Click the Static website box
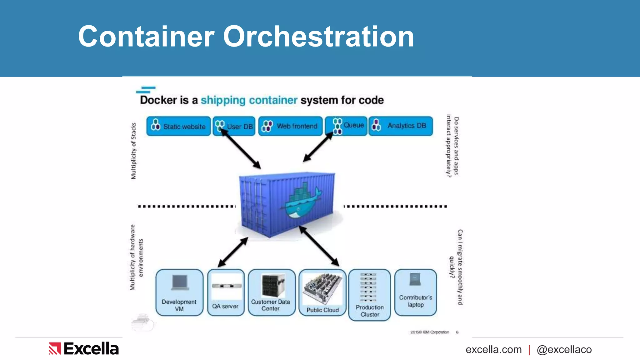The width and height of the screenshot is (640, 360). point(178,126)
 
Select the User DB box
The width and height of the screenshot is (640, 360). point(234,126)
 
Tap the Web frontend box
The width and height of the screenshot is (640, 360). point(290,126)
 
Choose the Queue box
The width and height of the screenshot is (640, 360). point(346,126)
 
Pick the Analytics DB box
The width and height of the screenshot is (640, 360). point(401,126)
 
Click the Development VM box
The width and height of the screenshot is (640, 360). point(179,292)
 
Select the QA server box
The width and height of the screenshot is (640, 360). point(226,292)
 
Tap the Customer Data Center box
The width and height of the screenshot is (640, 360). point(271,292)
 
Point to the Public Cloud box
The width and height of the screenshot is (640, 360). point(322,292)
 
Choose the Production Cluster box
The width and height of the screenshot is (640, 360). point(369,295)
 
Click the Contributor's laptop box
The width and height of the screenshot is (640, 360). point(415,292)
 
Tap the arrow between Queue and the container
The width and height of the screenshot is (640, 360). point(318,147)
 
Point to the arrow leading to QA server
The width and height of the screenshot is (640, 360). point(233,252)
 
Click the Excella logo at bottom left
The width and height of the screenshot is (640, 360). point(84,349)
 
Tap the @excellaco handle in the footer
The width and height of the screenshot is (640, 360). point(564,349)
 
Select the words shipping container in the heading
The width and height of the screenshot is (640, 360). point(249,100)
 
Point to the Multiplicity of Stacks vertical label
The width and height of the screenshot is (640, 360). point(133,151)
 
